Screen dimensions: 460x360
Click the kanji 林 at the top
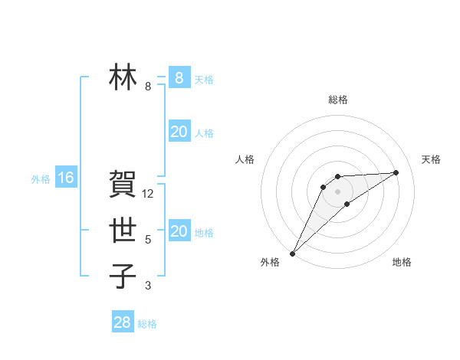pyautogui.click(x=123, y=77)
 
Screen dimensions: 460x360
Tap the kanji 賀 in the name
pyautogui.click(x=123, y=185)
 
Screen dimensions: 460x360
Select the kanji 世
pyautogui.click(x=123, y=231)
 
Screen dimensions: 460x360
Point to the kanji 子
pyautogui.click(x=123, y=277)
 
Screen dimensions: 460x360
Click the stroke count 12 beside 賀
pyautogui.click(x=148, y=194)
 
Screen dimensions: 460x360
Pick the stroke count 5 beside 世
pyautogui.click(x=148, y=240)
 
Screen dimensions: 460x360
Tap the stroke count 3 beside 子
pyautogui.click(x=148, y=286)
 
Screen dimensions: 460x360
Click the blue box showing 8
pyautogui.click(x=179, y=77)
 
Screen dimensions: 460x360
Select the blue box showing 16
pyautogui.click(x=66, y=178)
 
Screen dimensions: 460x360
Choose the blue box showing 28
pyautogui.click(x=123, y=322)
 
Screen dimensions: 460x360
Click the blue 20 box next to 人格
pyautogui.click(x=179, y=132)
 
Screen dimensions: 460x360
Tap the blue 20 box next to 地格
pyautogui.click(x=179, y=231)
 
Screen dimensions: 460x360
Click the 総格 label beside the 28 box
pyautogui.click(x=147, y=324)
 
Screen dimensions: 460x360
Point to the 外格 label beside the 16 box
pyautogui.click(x=41, y=179)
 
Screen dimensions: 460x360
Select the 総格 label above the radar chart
pyautogui.click(x=337, y=100)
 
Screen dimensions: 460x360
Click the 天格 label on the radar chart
pyautogui.click(x=431, y=159)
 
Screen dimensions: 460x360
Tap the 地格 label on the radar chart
pyautogui.click(x=402, y=262)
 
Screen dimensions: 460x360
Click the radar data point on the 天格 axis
pyautogui.click(x=396, y=172)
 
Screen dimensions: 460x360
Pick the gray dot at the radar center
pyautogui.click(x=337, y=191)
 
